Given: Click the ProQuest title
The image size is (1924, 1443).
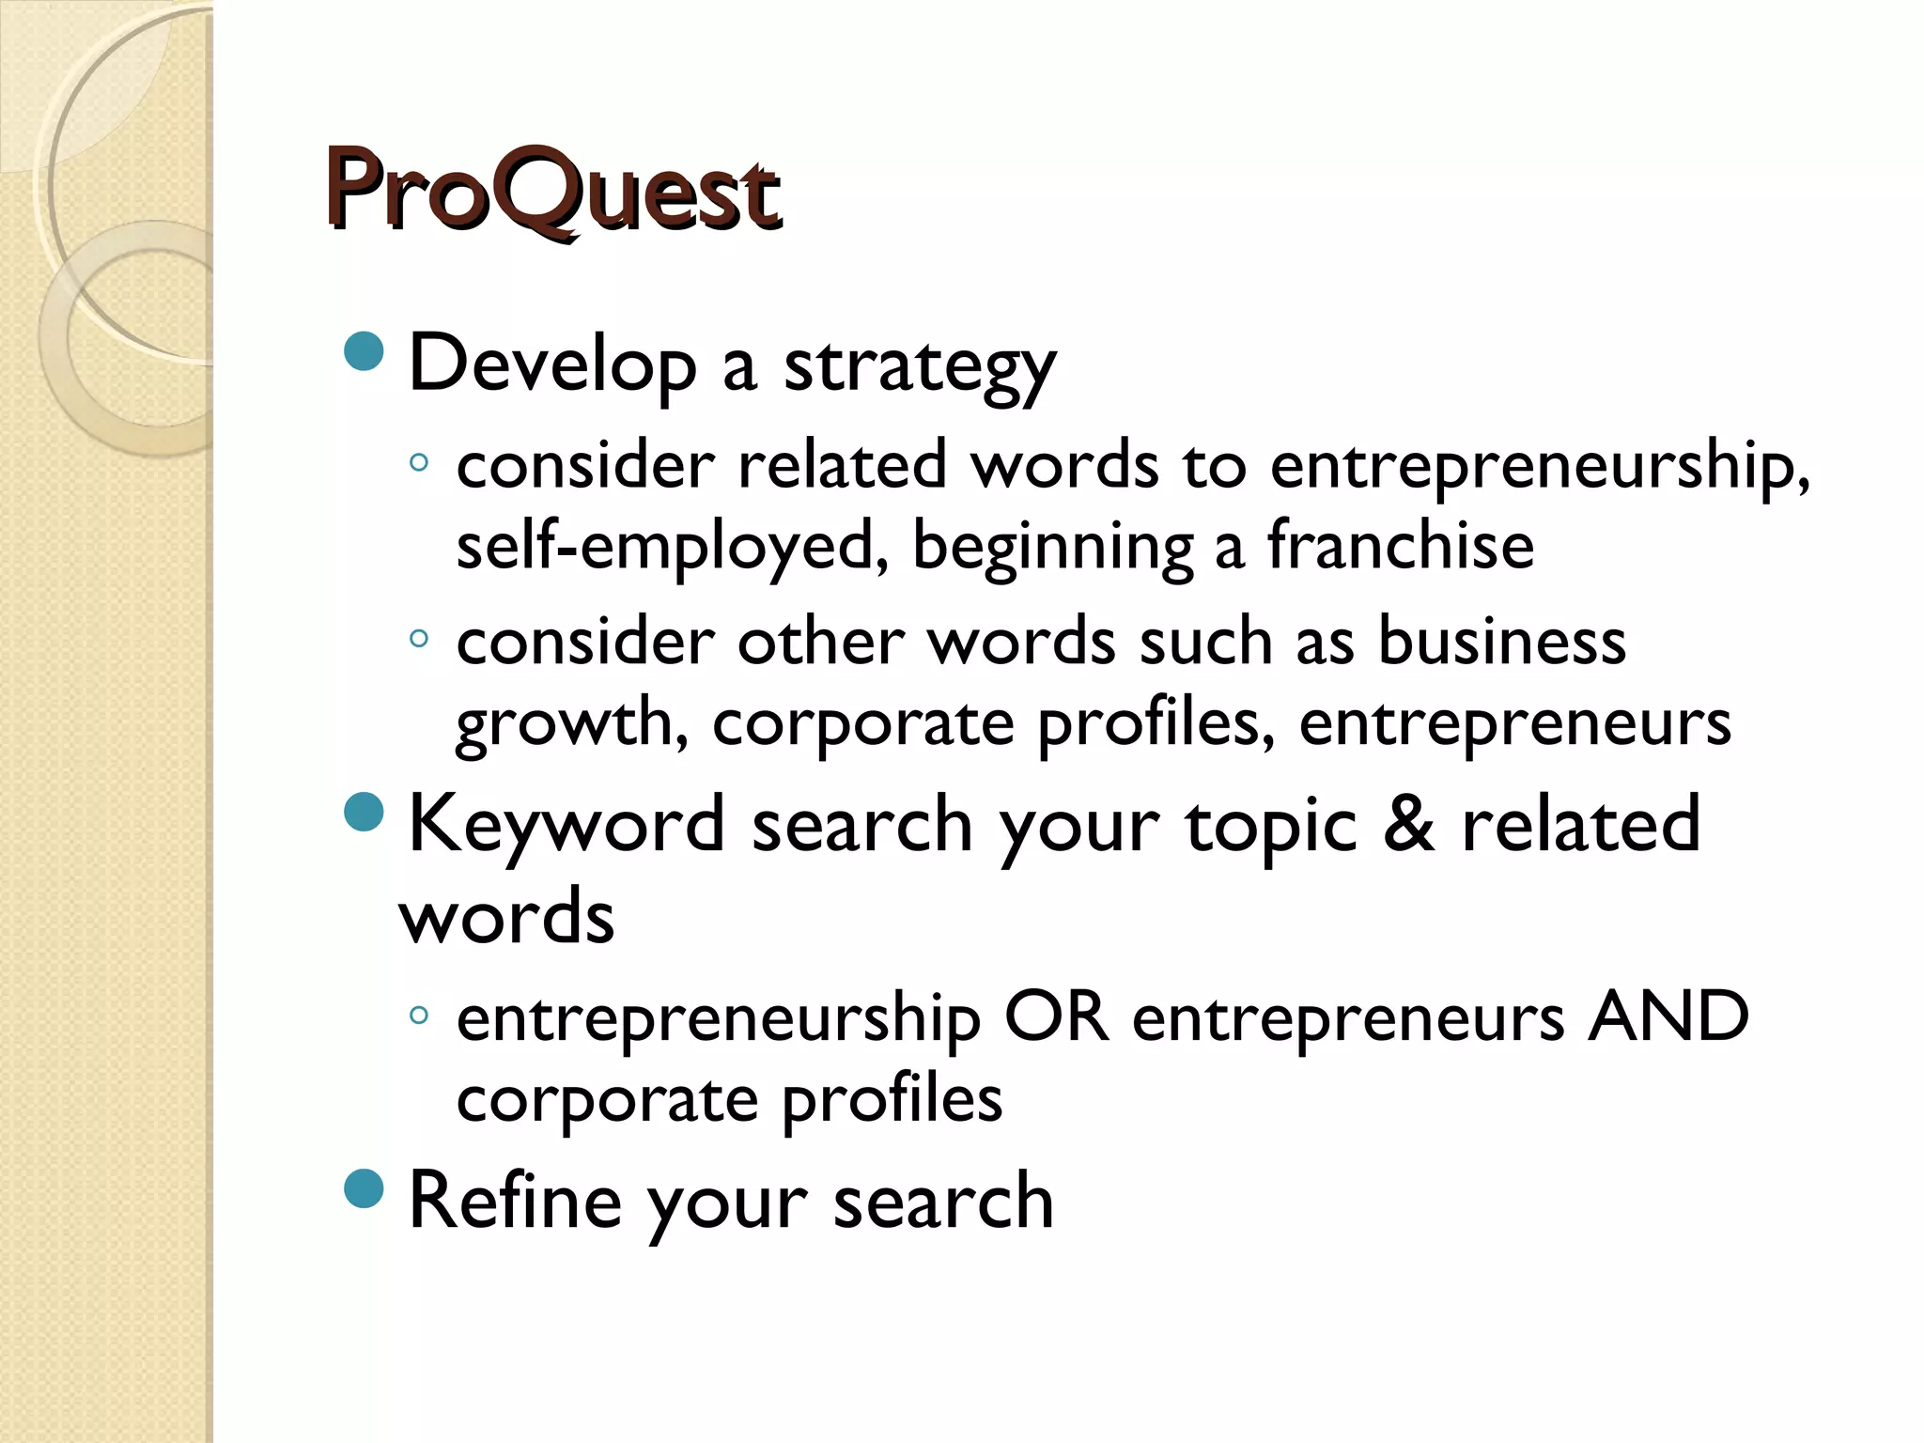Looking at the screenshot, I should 552,193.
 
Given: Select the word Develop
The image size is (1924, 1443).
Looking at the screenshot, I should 552,365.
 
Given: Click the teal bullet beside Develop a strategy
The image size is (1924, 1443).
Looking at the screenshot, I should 365,351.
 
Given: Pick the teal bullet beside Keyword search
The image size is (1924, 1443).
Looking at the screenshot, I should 365,812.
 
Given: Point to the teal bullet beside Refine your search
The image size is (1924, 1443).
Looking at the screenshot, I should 365,1188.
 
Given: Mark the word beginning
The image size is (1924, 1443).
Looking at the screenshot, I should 1053,547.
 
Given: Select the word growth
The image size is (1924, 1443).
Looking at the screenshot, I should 571,723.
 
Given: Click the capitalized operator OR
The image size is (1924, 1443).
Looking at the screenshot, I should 1056,1016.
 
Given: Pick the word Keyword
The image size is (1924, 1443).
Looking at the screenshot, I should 566,824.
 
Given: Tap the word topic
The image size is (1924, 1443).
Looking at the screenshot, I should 1271,827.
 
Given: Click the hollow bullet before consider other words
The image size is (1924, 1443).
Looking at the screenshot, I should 419,640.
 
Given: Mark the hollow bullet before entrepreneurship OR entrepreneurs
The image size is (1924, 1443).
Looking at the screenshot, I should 419,1015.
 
